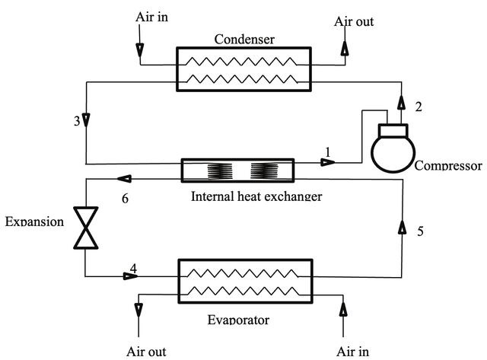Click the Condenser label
coord(244,40)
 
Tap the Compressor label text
coord(448,165)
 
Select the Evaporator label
coord(238,320)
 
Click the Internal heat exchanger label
coord(256,196)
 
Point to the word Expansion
coord(34,221)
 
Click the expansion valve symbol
coord(86,228)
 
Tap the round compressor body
coord(393,153)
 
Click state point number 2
coord(419,107)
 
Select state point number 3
coord(77,121)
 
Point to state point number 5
coord(420,231)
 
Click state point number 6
coord(125,198)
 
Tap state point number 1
coord(328,152)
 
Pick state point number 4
coord(133,268)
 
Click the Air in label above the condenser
coord(151,17)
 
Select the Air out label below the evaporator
coord(146,352)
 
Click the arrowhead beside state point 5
coord(403,227)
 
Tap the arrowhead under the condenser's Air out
coord(345,49)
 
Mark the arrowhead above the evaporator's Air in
coord(343,309)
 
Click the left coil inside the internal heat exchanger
coord(220,170)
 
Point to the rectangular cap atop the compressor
coord(393,130)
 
